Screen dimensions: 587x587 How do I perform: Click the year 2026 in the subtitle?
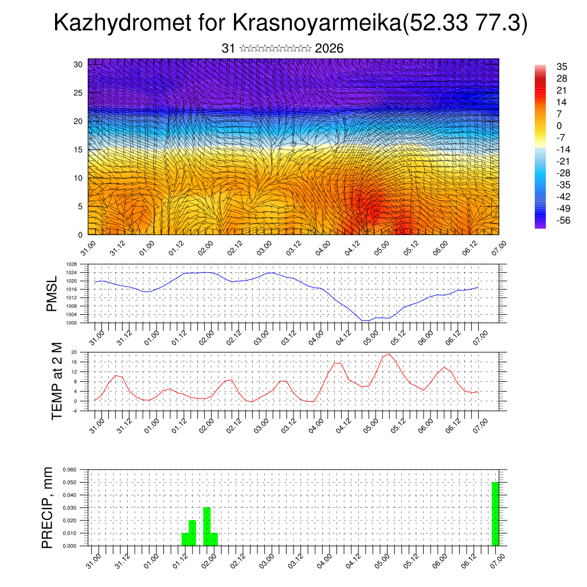pyautogui.click(x=329, y=49)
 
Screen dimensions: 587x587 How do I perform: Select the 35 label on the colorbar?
pyautogui.click(x=562, y=66)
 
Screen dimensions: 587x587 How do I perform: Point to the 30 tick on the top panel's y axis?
pyautogui.click(x=77, y=64)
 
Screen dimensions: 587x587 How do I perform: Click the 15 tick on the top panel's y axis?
pyautogui.click(x=77, y=150)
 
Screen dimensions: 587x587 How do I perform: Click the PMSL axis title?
pyautogui.click(x=52, y=295)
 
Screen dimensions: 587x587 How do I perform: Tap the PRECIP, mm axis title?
pyautogui.click(x=48, y=508)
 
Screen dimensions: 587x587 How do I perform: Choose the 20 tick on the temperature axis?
pyautogui.click(x=74, y=352)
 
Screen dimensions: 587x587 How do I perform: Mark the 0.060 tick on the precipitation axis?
pyautogui.click(x=69, y=469)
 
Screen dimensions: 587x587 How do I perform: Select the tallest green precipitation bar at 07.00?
pyautogui.click(x=495, y=514)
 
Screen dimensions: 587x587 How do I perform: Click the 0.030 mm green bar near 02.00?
pyautogui.click(x=207, y=526)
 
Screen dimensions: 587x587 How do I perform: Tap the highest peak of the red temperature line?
pyautogui.click(x=389, y=354)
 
